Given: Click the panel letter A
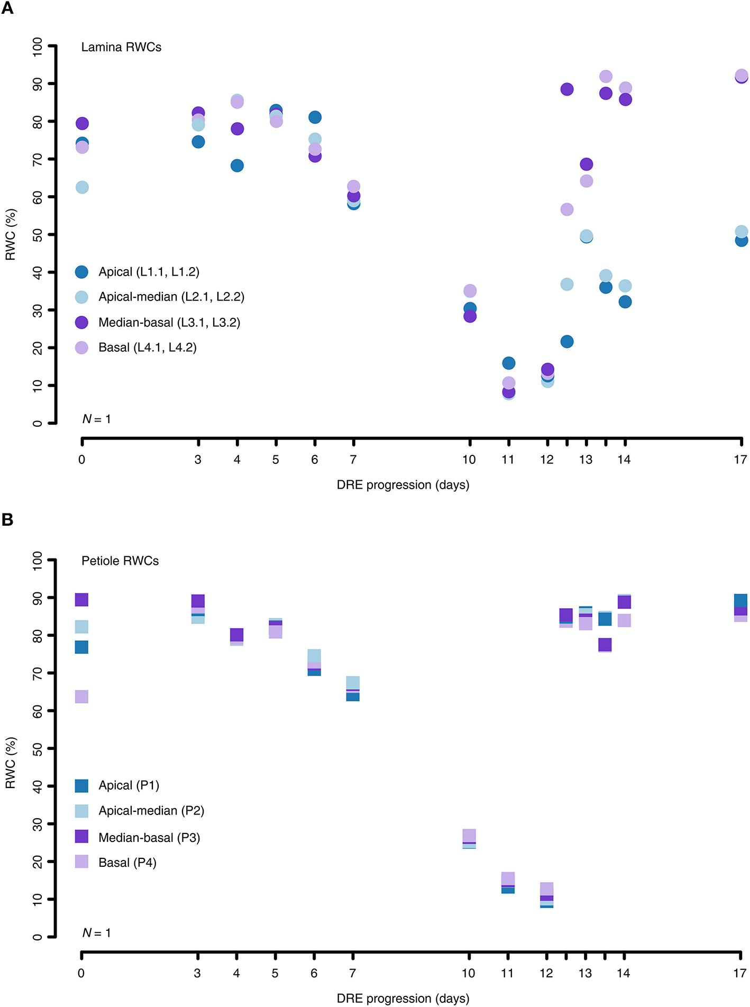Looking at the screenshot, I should (7, 8).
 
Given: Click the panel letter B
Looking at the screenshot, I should (7, 519).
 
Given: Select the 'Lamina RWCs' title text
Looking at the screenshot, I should (121, 47).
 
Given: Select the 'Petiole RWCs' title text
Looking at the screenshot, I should (120, 561).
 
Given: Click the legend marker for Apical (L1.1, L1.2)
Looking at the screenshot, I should (81, 272).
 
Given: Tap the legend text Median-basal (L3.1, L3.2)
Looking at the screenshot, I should (169, 323).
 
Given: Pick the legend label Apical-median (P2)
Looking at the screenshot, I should (151, 810).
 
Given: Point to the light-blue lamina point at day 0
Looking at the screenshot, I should (82, 187).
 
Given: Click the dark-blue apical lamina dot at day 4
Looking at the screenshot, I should (237, 166).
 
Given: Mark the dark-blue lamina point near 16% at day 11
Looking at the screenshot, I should (508, 363).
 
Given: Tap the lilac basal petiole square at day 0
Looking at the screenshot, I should (81, 697).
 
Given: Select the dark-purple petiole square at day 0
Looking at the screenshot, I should (81, 599).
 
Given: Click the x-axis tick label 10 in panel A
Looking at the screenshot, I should (469, 460).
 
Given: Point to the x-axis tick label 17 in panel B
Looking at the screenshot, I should (739, 973).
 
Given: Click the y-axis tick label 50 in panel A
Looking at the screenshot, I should (37, 234).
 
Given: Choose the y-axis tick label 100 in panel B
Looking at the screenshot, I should (37, 560).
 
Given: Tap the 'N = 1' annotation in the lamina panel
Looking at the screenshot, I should (96, 419).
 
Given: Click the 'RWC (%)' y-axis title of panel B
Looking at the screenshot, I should (11, 763).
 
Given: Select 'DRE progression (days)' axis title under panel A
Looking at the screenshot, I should (403, 485).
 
